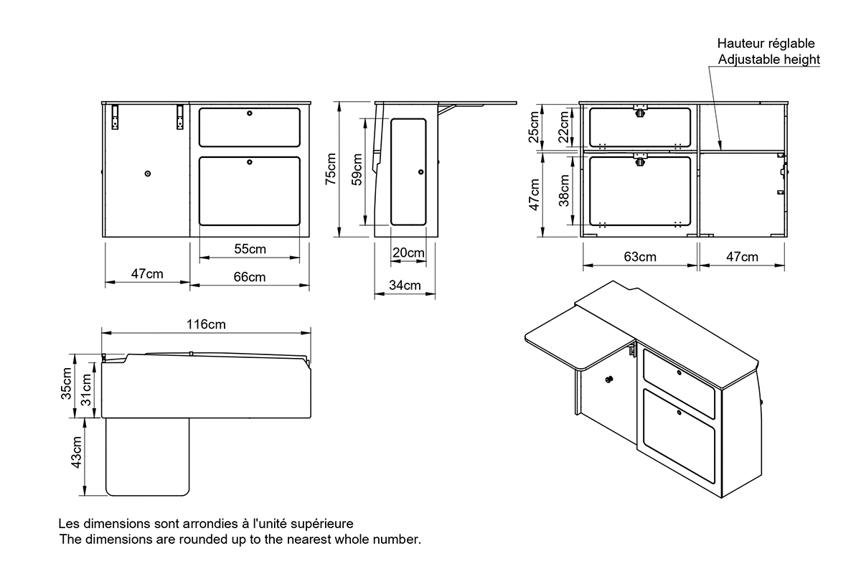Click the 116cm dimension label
click(x=206, y=324)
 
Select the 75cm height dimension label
click(x=331, y=169)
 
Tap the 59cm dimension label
click(x=357, y=169)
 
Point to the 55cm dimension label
click(x=250, y=249)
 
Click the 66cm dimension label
click(x=250, y=277)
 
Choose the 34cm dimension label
click(x=405, y=286)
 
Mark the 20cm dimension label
click(x=408, y=253)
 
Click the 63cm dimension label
click(x=640, y=257)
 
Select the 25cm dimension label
click(x=534, y=127)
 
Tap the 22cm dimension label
click(x=563, y=127)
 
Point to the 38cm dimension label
click(x=564, y=191)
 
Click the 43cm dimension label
click(x=77, y=452)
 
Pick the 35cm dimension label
click(x=66, y=384)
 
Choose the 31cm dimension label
click(x=86, y=390)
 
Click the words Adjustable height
click(x=768, y=60)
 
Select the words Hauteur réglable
click(x=766, y=44)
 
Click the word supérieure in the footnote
click(x=321, y=524)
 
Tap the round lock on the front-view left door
click(x=148, y=174)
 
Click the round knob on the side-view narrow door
click(x=421, y=172)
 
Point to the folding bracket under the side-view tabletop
click(x=446, y=110)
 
